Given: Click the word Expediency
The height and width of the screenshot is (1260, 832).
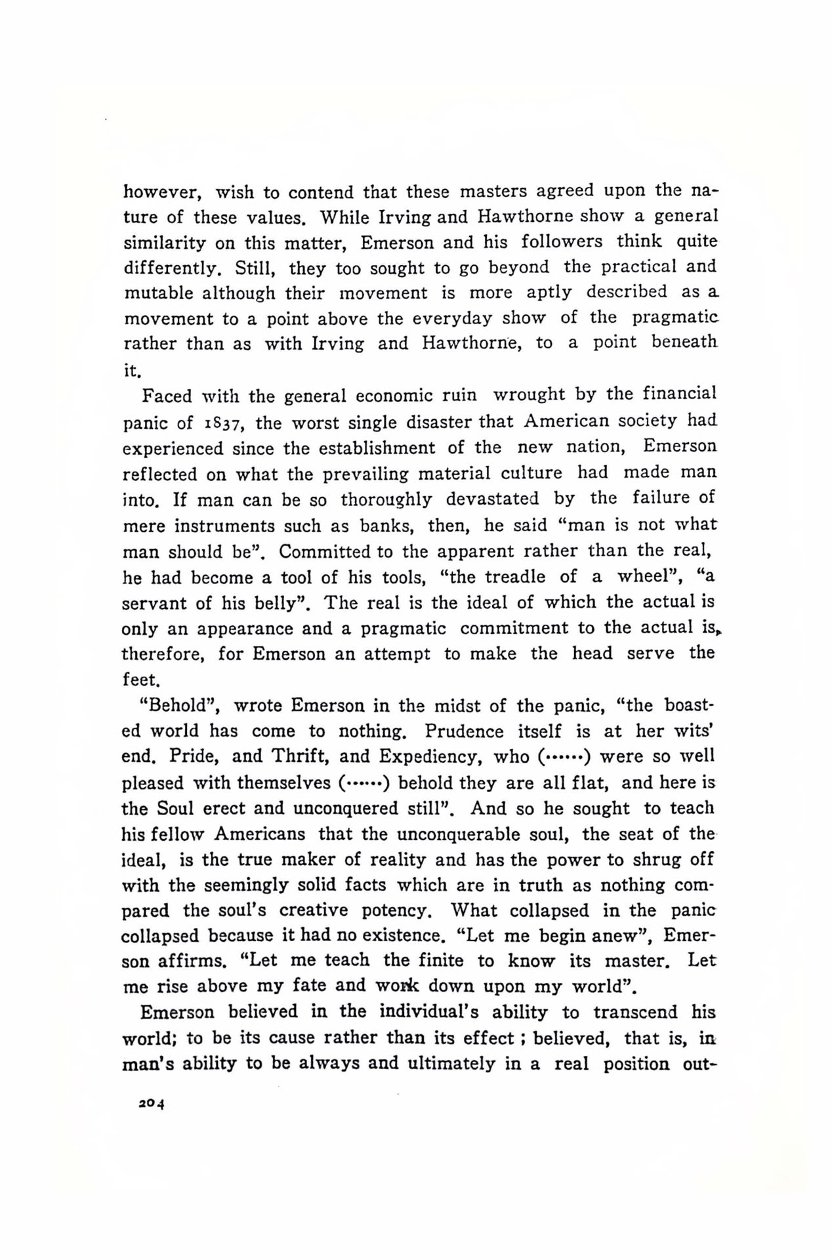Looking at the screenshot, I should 430,757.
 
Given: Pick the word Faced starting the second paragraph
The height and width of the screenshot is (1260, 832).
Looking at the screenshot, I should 167,396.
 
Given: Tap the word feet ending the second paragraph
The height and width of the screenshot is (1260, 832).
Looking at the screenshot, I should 140,680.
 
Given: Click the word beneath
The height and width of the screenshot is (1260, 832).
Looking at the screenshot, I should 684,343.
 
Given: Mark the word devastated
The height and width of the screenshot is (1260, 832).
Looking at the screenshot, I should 492,499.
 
